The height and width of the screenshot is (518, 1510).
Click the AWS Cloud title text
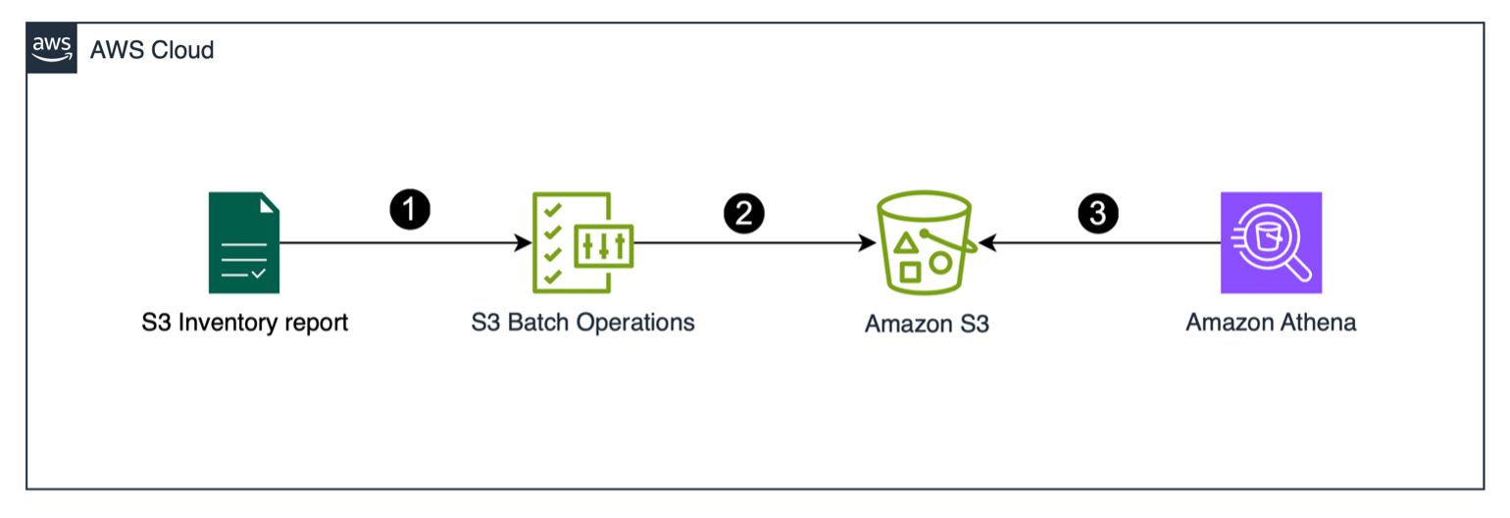pyautogui.click(x=152, y=50)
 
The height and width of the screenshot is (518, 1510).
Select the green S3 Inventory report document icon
pyautogui.click(x=244, y=242)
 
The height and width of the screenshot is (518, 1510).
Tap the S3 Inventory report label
pyautogui.click(x=244, y=322)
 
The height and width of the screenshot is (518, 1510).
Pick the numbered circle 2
pyautogui.click(x=743, y=214)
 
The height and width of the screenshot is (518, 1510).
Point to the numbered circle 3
pyautogui.click(x=1097, y=214)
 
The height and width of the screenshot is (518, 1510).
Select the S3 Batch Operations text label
pyautogui.click(x=582, y=322)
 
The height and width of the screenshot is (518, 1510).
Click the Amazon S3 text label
pyautogui.click(x=927, y=324)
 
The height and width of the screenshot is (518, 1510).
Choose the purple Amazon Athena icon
pyautogui.click(x=1271, y=242)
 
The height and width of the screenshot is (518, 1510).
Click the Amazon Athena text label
pyautogui.click(x=1271, y=322)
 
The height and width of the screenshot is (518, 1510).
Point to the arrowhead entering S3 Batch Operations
pyautogui.click(x=524, y=242)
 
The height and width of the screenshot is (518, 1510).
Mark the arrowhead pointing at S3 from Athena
pyautogui.click(x=986, y=242)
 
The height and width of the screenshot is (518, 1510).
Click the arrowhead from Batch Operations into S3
pyautogui.click(x=868, y=242)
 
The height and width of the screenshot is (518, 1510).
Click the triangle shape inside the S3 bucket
pyautogui.click(x=908, y=242)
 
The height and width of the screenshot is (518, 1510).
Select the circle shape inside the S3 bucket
pyautogui.click(x=940, y=263)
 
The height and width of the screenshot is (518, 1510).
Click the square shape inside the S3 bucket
pyautogui.click(x=911, y=272)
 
